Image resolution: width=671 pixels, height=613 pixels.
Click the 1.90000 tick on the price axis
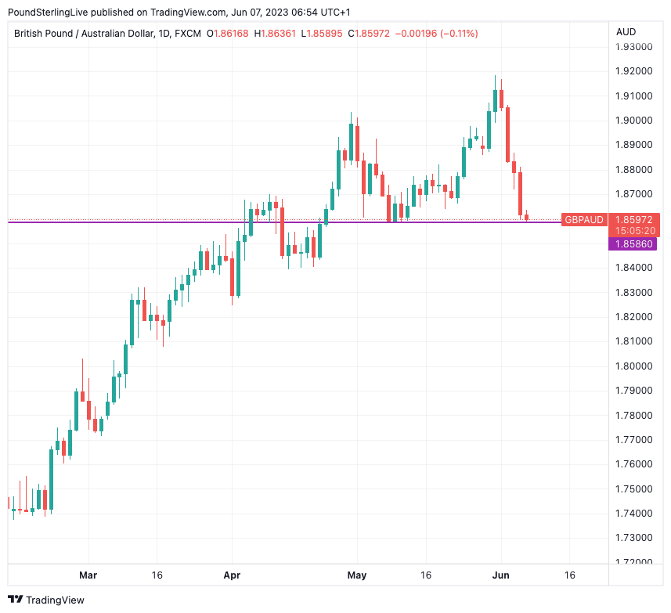click(634, 121)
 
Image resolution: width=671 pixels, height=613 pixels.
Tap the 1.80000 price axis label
click(634, 366)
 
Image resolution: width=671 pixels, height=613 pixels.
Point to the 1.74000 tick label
click(634, 513)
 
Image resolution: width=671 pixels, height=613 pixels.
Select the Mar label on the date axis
click(88, 575)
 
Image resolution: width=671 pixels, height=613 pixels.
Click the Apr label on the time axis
click(232, 575)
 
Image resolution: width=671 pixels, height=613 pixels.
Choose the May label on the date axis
click(356, 575)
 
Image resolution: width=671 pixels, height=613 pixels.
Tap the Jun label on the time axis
click(501, 575)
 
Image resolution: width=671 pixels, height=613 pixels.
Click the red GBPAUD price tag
click(584, 220)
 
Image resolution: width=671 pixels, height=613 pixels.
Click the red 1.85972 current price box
click(634, 220)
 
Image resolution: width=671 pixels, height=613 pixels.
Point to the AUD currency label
click(626, 32)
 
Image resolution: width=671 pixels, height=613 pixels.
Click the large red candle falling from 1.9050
click(507, 133)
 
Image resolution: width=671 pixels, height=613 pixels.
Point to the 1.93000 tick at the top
click(634, 47)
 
